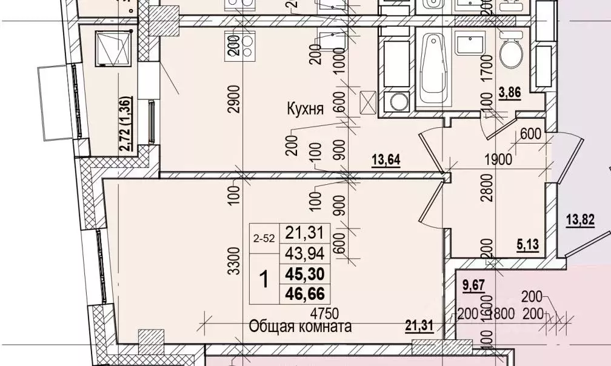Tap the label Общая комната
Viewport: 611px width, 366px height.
point(301,327)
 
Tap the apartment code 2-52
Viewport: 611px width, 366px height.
point(263,239)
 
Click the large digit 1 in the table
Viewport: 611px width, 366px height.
point(264,280)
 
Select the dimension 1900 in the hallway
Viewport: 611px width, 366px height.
point(498,160)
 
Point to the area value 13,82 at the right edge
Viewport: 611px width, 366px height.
point(595,219)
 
